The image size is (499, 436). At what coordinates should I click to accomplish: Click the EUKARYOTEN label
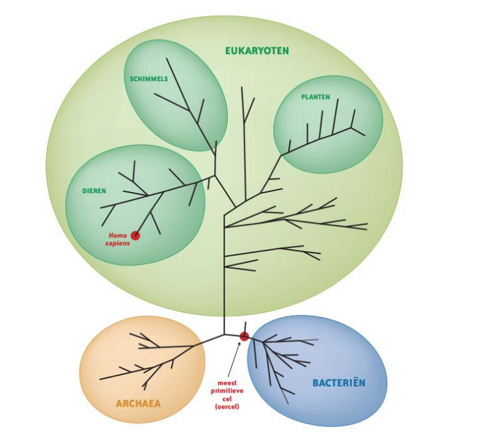pos(257,51)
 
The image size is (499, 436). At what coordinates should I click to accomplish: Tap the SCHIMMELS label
pos(149,79)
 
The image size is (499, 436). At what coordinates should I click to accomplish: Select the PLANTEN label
pos(316,97)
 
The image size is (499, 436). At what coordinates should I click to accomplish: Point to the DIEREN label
pos(94,191)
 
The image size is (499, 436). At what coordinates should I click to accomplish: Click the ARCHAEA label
pos(138,403)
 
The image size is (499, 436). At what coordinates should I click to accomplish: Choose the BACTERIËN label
pos(339,383)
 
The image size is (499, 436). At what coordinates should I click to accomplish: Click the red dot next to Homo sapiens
pos(135,236)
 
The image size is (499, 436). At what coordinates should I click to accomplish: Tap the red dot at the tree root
pos(244,336)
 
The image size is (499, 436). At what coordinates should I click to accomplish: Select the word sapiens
pos(118,244)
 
